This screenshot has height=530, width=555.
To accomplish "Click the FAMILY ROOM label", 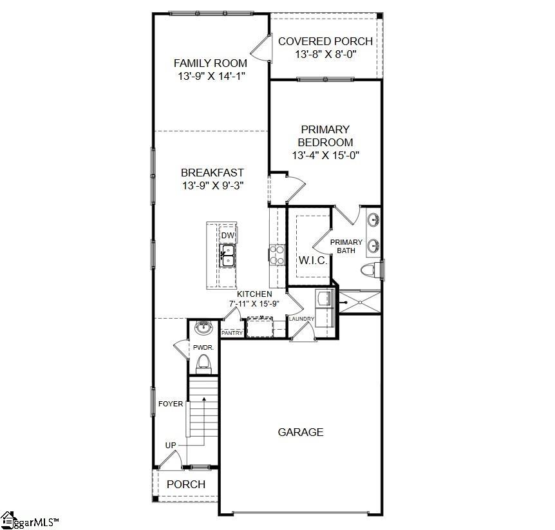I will pos(211,63).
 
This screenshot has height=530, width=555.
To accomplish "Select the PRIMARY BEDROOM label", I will pos(325,136).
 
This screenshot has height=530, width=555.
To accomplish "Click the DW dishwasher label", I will pos(227,236).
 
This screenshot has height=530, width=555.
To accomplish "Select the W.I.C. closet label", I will pos(314,261).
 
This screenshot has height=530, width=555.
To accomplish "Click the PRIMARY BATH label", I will pos(346,246).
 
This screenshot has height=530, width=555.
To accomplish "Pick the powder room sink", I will pos(204,328).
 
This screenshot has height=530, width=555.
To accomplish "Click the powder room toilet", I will pos(204,363).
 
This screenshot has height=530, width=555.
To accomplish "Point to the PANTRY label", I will pos(232,333).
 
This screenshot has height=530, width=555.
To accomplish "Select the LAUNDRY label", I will pos(301,319).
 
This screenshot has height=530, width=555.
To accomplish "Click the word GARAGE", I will pos(301,432).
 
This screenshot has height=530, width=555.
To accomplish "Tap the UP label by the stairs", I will pos(171,445).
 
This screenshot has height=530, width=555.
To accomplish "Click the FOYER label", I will pos(171,404).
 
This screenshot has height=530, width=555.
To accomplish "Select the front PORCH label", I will pos(186,484).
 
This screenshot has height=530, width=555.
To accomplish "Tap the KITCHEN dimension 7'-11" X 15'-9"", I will pos(254,303).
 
